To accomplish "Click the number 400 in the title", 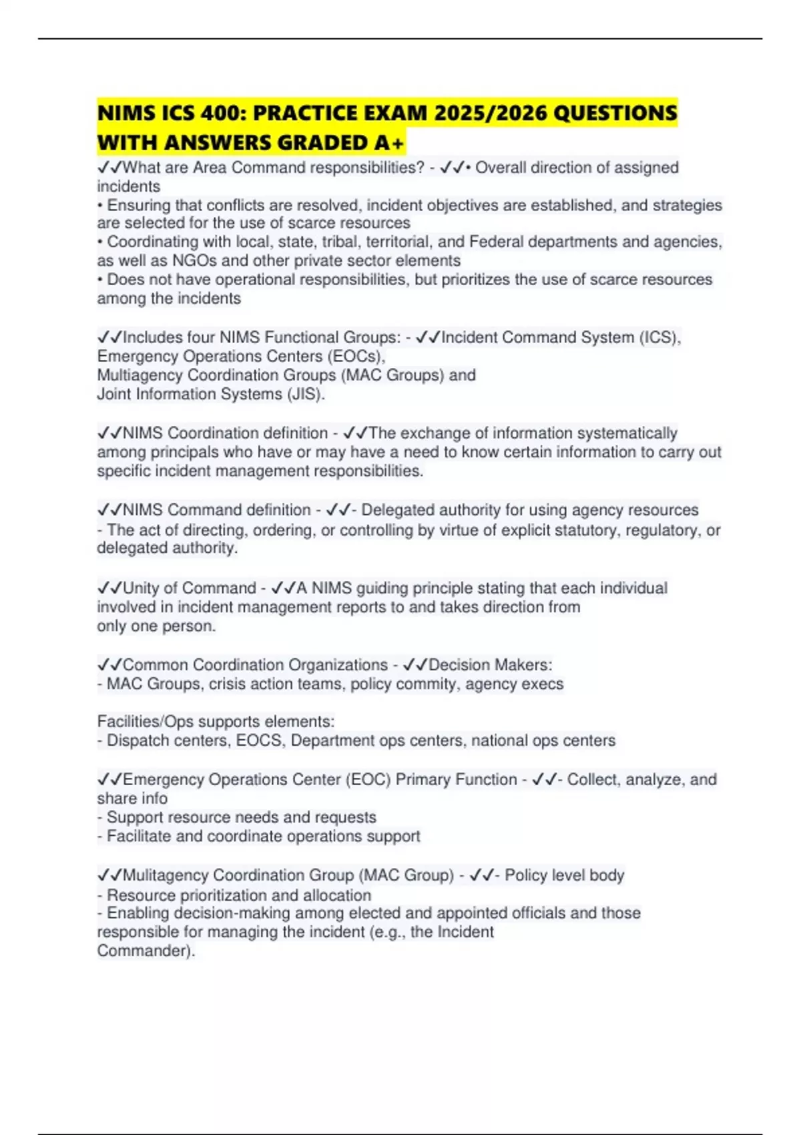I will (222, 113).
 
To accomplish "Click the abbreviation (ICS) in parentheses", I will (657, 337).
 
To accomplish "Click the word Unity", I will (141, 588).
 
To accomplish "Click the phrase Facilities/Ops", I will (143, 722).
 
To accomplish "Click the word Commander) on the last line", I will (145, 951).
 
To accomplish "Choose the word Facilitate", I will (139, 836).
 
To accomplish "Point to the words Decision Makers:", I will (490, 665).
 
